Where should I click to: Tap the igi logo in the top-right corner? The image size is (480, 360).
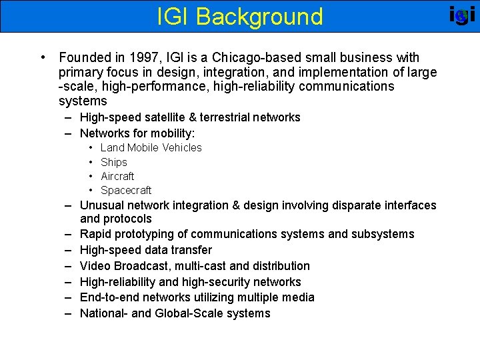coord(461,15)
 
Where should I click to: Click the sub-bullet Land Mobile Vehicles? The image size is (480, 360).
coord(151,147)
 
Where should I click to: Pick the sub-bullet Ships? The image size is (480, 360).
coord(113,162)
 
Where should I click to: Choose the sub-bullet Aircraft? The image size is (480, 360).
coord(117,176)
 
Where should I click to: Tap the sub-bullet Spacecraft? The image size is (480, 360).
coord(126,190)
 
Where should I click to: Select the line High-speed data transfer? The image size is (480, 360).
coord(146,250)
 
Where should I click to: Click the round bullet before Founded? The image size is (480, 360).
coord(43,58)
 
